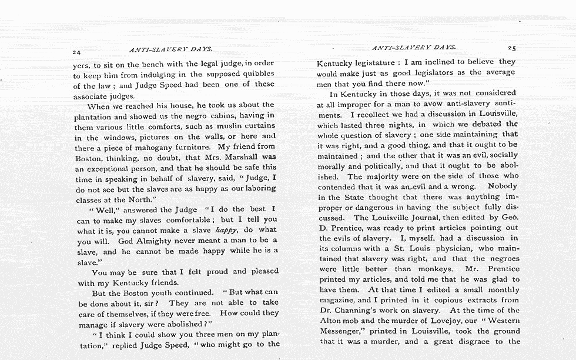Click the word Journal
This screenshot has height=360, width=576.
click(x=423, y=218)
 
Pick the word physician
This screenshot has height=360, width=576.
click(x=450, y=248)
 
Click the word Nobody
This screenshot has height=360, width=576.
click(x=502, y=186)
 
